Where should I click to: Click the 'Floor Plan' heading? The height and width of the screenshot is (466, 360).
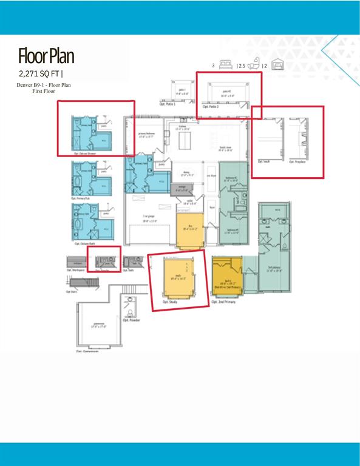pyautogui.click(x=46, y=56)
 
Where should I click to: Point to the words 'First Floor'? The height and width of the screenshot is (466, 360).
pyautogui.click(x=44, y=91)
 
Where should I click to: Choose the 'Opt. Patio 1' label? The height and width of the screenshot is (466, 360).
pyautogui.click(x=168, y=104)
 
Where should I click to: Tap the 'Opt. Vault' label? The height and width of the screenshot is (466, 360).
pyautogui.click(x=264, y=161)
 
